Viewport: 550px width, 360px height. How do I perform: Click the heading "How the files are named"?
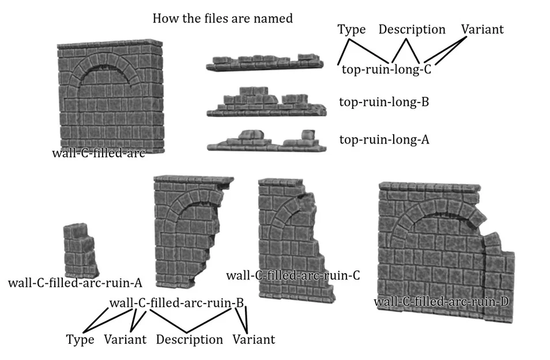pos(222,18)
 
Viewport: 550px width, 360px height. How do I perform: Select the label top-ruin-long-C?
pos(386,69)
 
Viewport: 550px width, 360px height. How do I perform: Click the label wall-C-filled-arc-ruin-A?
pos(75,283)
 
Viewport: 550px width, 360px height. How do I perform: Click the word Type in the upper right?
pos(351,29)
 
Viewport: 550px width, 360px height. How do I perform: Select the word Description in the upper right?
pos(412,29)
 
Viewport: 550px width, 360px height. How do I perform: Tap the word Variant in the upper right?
pos(482,29)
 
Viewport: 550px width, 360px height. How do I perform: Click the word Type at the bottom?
pos(80,339)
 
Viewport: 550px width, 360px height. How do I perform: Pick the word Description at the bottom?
pos(189,339)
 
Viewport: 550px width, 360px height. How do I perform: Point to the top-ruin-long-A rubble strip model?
pos(265,140)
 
